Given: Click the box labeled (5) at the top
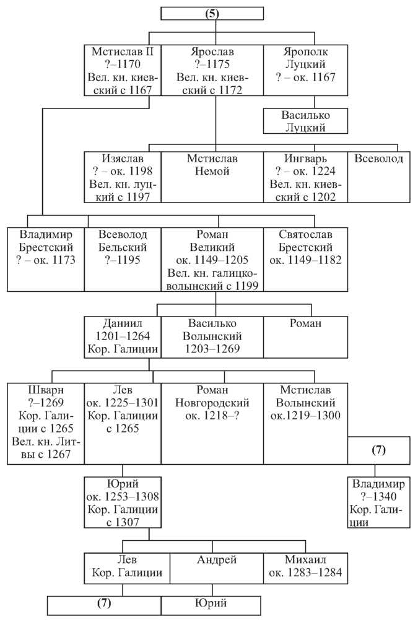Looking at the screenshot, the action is point(212,14).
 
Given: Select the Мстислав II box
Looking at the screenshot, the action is point(123,70).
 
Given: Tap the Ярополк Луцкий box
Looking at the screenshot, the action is point(305,70).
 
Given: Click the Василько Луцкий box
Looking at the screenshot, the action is point(305,121).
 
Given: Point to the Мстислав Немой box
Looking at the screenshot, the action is point(212,177).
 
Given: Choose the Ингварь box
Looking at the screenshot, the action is point(305,177).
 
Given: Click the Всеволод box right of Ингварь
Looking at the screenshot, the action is point(379,177).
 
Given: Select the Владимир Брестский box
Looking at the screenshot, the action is point(46,260).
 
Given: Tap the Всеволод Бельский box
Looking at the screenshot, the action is point(123,260).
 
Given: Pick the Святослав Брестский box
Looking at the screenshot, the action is point(305,260).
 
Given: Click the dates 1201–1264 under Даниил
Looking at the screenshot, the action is point(123,336).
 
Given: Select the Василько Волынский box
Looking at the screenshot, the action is point(212,337).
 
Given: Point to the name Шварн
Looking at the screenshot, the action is point(46,390).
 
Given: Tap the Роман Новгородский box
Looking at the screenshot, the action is point(212,424).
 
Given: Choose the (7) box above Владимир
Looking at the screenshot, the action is point(379,450).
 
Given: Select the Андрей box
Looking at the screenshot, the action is point(217,568).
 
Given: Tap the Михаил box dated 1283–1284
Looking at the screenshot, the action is point(305,568).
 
